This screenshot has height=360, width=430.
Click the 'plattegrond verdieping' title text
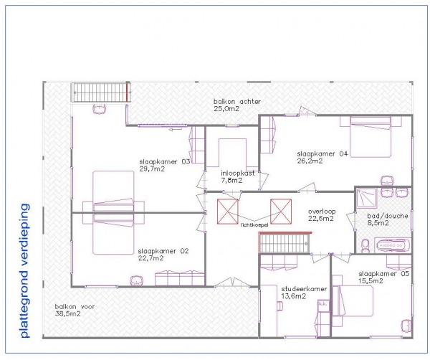(24, 270)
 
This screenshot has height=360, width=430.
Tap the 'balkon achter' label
(237, 102)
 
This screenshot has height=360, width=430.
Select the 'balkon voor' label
(75, 306)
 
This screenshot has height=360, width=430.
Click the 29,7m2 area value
(152, 169)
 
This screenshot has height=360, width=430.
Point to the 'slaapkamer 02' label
(163, 251)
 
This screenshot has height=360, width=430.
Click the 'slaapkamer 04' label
(322, 153)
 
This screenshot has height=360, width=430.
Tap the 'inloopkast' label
(238, 173)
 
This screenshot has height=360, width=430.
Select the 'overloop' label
(322, 212)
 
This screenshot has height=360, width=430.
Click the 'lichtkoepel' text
(254, 225)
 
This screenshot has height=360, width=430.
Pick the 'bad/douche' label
(388, 216)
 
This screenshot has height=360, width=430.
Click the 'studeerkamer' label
(304, 289)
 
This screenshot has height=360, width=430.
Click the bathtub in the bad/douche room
(393, 245)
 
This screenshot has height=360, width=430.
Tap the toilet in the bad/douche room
(365, 245)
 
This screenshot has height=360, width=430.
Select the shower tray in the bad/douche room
(367, 197)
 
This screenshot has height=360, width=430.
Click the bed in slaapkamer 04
(371, 137)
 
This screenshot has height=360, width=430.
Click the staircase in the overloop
(284, 243)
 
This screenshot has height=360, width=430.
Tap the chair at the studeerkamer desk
(279, 305)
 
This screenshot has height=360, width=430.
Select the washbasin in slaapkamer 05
(406, 326)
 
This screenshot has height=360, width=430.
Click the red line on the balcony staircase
(127, 93)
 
